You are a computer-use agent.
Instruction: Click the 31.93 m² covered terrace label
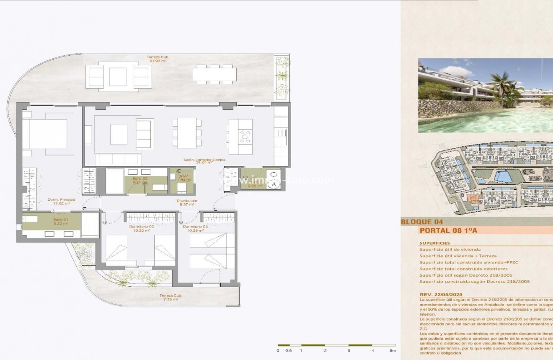[x=158, y=59]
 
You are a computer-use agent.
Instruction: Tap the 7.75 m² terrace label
[x=169, y=298]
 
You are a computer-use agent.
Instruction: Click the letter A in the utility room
[x=274, y=184]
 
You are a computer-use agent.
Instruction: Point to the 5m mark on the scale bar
[x=393, y=350]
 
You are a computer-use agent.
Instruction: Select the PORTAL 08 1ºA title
[x=448, y=231]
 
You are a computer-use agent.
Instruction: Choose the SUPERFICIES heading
[x=434, y=243]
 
